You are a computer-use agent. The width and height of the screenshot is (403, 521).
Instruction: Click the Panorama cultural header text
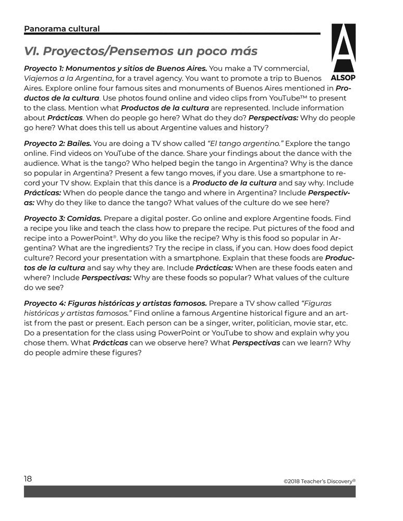(x=62, y=29)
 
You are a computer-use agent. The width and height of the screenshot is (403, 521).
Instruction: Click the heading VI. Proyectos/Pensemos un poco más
(x=141, y=52)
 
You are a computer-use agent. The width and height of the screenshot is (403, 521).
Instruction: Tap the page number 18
(x=28, y=478)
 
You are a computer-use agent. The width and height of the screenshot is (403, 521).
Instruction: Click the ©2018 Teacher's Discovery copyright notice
(x=319, y=481)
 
